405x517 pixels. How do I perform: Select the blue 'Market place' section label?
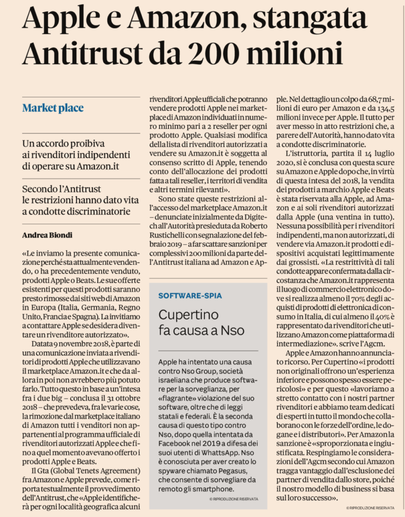(x=53, y=108)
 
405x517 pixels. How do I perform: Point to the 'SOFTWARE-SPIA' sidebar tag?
(x=190, y=295)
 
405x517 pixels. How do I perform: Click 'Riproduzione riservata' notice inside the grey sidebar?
(x=233, y=499)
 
